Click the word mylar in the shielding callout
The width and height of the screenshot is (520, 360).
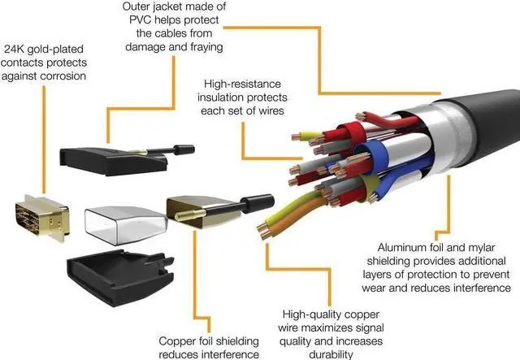pyautogui.click(x=468, y=244)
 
